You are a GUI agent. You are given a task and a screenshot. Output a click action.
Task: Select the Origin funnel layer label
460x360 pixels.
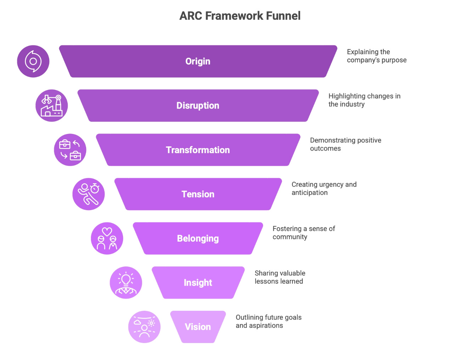(198, 61)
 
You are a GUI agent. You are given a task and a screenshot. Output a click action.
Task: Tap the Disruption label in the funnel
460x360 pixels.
(198, 106)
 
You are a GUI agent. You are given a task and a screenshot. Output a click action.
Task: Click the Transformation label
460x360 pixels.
(198, 150)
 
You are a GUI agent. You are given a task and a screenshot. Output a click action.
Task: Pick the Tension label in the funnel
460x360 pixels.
(198, 194)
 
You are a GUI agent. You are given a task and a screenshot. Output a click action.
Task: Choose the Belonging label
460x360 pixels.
(198, 238)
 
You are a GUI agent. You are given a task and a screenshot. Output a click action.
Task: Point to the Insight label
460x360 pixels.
(198, 283)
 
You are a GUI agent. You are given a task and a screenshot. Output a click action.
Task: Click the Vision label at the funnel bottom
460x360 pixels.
(198, 327)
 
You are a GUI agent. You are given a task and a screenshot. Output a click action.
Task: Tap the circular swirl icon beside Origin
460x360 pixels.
(33, 61)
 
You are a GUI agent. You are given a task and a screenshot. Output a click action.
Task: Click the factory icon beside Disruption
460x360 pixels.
(52, 106)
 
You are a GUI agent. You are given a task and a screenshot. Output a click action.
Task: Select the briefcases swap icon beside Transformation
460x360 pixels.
(70, 150)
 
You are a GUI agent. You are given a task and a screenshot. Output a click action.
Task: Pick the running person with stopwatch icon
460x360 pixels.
(89, 194)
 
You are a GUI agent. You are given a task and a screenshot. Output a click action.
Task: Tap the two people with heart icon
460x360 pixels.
(107, 238)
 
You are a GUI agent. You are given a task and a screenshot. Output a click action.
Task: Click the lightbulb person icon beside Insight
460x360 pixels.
(126, 283)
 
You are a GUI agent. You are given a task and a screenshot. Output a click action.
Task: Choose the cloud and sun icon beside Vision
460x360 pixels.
(144, 327)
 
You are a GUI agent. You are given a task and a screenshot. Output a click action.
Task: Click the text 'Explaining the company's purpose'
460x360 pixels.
(376, 56)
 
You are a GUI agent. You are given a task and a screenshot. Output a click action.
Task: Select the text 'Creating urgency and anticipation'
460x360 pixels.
(324, 189)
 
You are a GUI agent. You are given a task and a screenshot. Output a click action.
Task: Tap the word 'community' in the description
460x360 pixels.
(290, 237)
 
